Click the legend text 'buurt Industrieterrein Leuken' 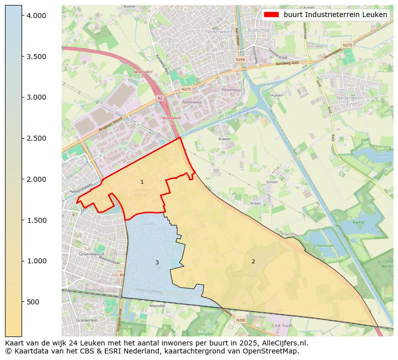pos(335,15)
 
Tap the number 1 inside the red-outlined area pos(142,182)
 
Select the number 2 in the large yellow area pos(253,261)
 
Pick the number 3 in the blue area pos(157,262)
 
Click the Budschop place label pos(259,31)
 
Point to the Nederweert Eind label pos(353,101)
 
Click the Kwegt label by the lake pos(358,222)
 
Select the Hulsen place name pos(277,95)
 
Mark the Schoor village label pos(272,182)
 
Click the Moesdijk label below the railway pos(157,305)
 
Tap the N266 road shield pos(241,59)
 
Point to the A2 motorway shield pos(159,98)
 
